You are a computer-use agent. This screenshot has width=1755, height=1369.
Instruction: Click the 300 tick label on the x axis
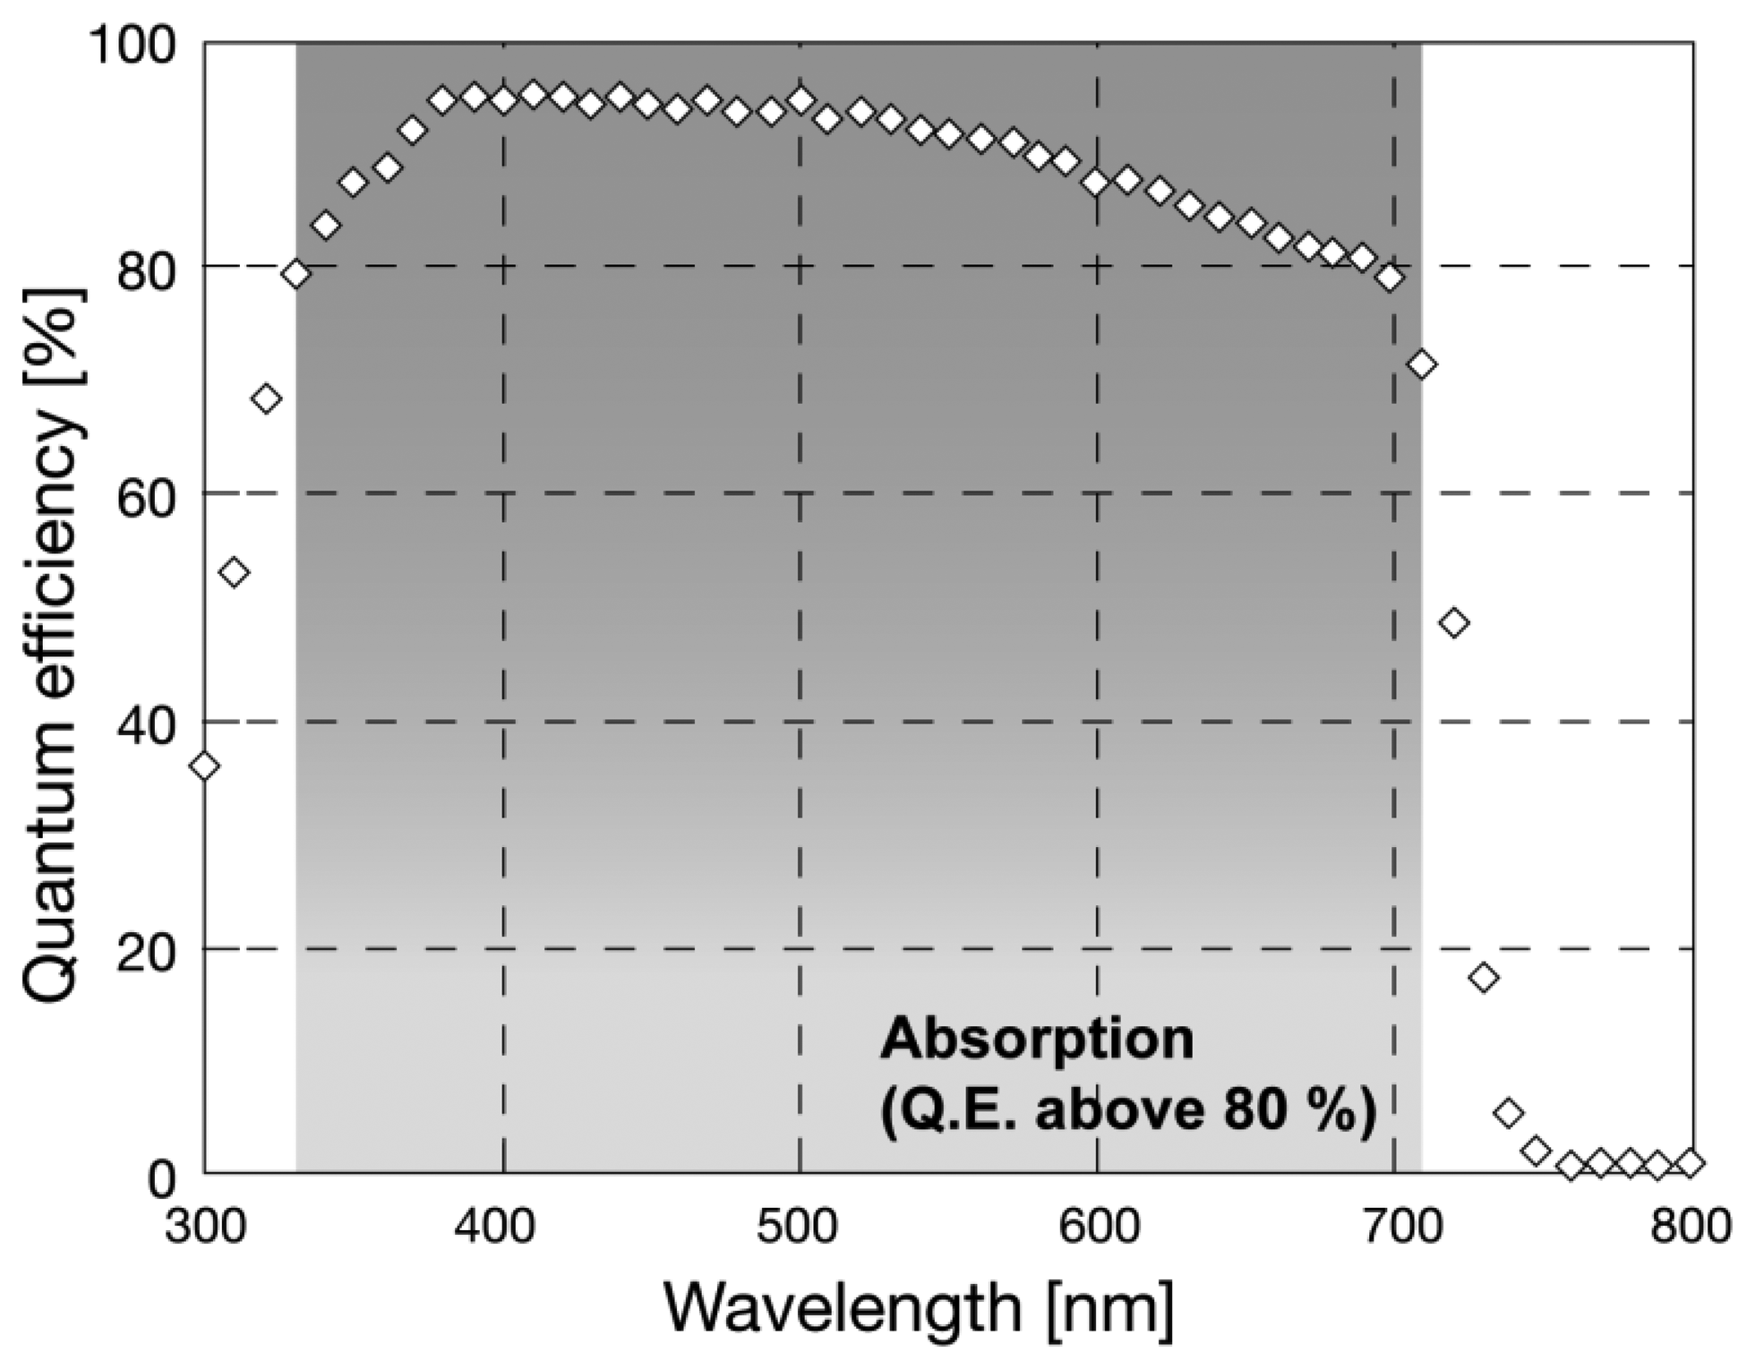pos(205,1226)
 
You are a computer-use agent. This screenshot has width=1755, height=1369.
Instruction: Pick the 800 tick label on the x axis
pos(1691,1226)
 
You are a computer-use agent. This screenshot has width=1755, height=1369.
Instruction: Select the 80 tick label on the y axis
pos(146,268)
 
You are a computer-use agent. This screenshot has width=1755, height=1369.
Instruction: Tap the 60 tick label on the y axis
pos(146,494)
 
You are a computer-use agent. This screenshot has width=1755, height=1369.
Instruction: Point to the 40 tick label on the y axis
pos(146,722)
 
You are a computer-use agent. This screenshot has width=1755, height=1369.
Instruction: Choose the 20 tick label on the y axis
pos(146,949)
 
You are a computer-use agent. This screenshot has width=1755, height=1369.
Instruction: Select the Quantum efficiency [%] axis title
pos(54,645)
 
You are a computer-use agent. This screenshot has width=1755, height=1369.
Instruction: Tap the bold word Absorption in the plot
pos(1037,1040)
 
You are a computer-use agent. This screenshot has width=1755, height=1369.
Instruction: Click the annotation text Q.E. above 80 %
pos(1128,1111)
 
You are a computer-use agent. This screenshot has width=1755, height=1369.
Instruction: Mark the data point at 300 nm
pos(205,766)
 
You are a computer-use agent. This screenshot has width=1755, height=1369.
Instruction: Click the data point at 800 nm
pos(1691,1163)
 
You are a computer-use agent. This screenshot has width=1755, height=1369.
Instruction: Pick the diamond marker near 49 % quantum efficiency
pos(1455,622)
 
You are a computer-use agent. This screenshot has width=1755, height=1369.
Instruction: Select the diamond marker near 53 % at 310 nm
pos(235,571)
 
